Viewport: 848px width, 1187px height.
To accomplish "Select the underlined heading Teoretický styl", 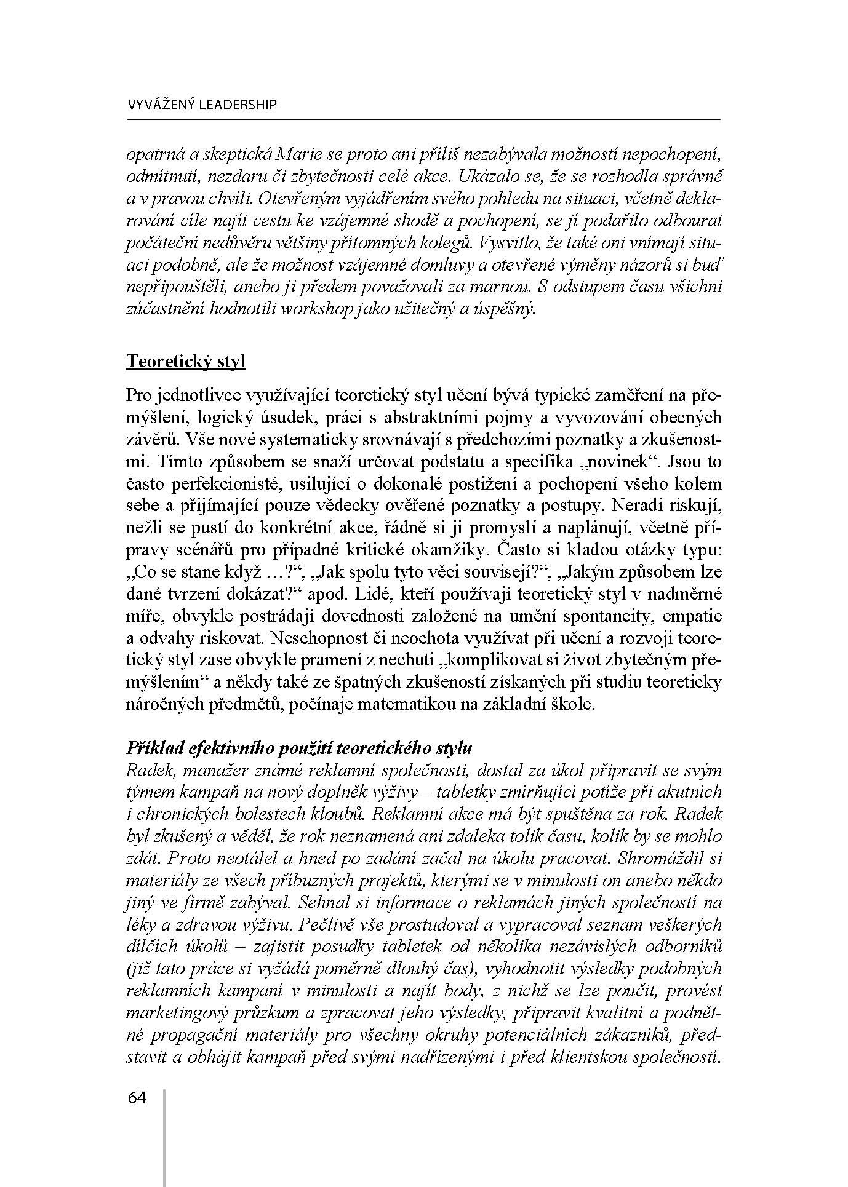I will coord(185,360).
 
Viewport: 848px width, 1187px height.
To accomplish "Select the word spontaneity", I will coord(594,616).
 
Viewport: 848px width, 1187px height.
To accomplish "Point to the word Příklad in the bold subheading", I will coord(150,748).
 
